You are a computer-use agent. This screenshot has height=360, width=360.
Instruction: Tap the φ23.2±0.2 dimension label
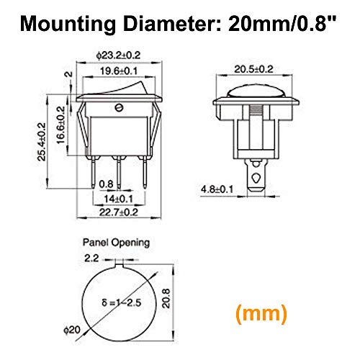(118, 55)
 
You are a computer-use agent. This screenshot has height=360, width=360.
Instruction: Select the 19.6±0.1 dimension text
(119, 71)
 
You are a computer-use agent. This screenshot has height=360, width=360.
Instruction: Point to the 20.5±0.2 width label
(253, 69)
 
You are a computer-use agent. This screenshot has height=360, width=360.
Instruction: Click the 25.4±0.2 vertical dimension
(42, 142)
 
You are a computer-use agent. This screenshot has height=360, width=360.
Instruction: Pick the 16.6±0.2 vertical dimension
(60, 125)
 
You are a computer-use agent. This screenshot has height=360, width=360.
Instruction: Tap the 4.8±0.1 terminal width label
(217, 189)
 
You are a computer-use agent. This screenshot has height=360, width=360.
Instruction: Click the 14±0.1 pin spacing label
(118, 199)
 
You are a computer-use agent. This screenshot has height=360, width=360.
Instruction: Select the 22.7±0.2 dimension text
(119, 212)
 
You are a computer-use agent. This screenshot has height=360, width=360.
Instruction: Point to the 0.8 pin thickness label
(106, 184)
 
